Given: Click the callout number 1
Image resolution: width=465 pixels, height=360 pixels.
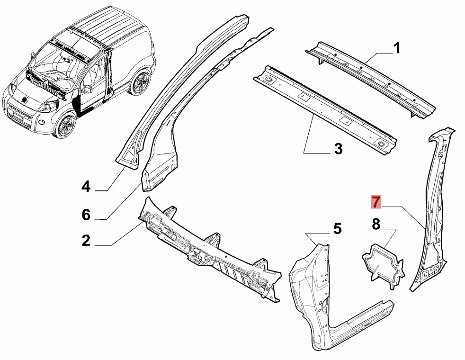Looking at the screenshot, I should pyautogui.click(x=397, y=48).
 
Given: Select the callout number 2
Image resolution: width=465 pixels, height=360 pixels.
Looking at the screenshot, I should pyautogui.click(x=86, y=240).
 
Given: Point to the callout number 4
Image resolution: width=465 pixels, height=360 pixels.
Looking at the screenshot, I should pyautogui.click(x=86, y=187).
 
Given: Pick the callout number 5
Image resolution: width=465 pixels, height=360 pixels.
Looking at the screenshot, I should pyautogui.click(x=337, y=229).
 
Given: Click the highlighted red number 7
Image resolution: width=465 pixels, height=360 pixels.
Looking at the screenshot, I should pyautogui.click(x=375, y=202).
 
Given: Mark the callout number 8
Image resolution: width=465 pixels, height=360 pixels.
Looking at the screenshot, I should pyautogui.click(x=376, y=224).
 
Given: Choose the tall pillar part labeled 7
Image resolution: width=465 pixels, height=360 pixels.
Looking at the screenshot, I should pyautogui.click(x=433, y=213).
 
